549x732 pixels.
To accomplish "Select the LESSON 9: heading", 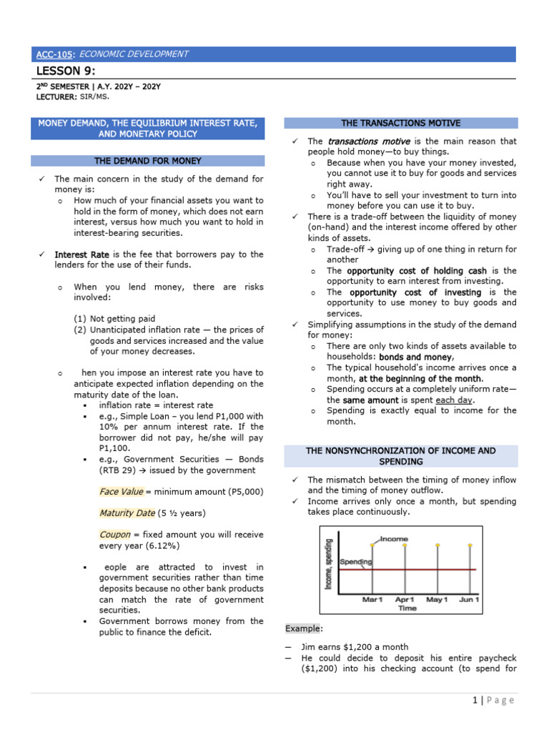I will (x=65, y=70).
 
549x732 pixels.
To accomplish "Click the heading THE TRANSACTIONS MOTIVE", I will (x=401, y=124).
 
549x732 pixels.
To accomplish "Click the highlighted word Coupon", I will (x=114, y=534).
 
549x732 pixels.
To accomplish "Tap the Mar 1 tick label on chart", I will (x=372, y=599).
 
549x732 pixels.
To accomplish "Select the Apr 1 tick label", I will (x=405, y=599).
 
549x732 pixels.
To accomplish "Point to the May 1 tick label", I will (x=437, y=599).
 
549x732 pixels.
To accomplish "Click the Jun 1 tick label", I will (x=469, y=599).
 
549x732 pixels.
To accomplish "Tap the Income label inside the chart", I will (x=394, y=538).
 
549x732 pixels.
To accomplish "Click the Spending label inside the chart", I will (x=355, y=562).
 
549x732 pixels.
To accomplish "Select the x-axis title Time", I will (x=407, y=608).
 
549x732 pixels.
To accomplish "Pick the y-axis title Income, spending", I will (x=329, y=564).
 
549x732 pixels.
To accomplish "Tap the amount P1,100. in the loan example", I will (x=114, y=448).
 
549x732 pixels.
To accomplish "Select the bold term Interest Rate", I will (x=81, y=254).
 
